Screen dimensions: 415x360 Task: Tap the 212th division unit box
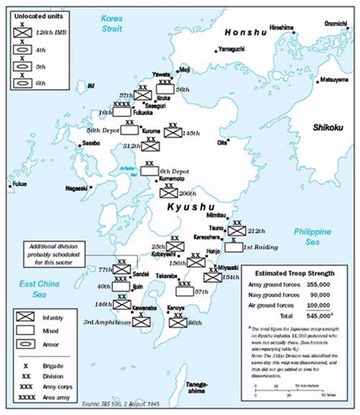click(x=238, y=230)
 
